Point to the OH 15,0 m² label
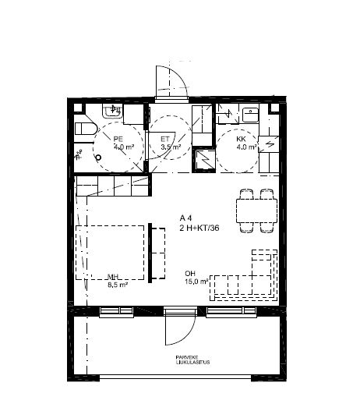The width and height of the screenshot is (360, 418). [196, 278]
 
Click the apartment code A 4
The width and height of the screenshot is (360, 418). [187, 218]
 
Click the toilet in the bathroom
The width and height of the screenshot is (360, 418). [83, 129]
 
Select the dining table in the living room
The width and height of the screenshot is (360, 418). [256, 210]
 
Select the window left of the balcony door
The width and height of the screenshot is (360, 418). [118, 312]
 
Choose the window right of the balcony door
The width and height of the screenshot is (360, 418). [231, 312]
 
